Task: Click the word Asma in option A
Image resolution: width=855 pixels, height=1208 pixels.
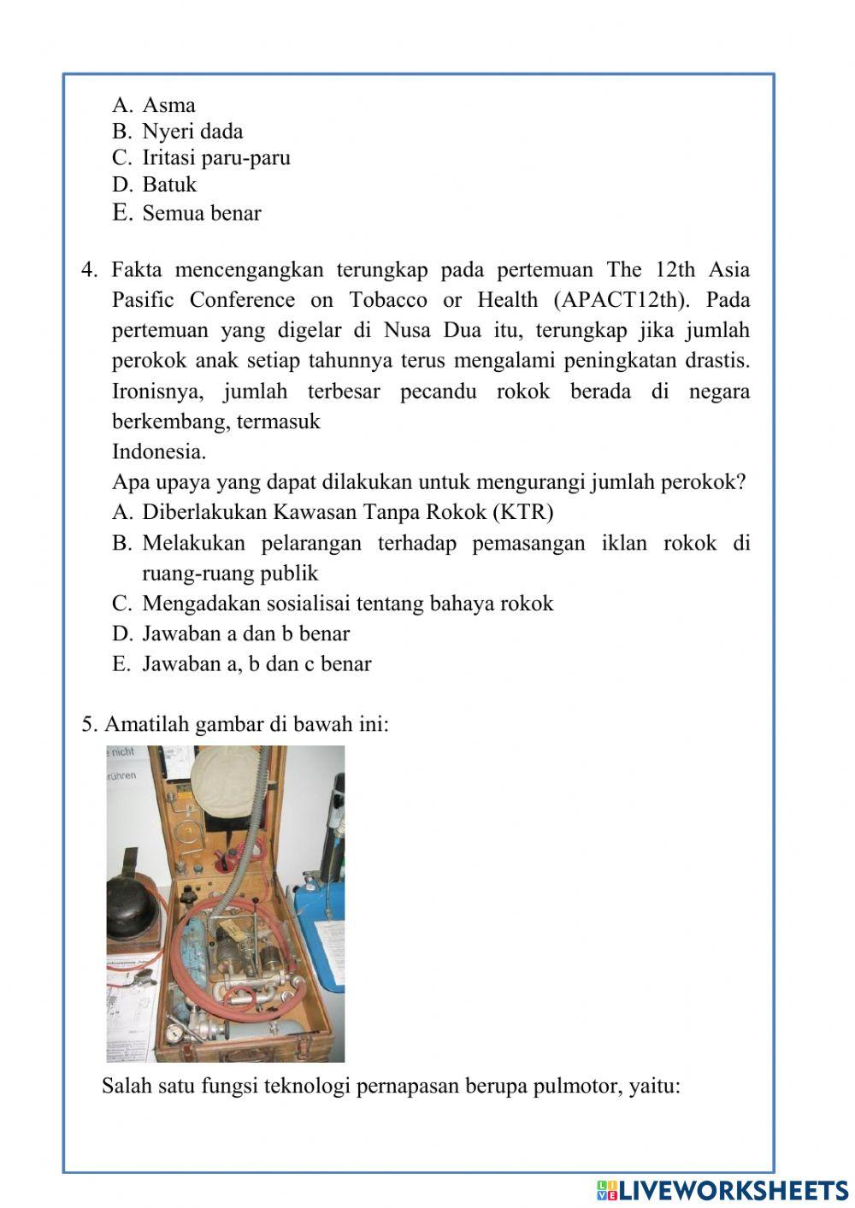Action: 168,105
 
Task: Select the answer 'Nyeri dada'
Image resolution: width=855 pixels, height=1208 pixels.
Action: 192,132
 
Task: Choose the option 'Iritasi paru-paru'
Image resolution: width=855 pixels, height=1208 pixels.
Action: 215,158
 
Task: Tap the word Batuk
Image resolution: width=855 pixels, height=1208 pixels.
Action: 169,185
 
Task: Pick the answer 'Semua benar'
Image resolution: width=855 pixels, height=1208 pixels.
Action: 201,213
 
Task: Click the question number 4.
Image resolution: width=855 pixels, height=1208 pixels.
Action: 90,270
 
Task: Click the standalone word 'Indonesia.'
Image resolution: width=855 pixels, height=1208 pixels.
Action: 159,451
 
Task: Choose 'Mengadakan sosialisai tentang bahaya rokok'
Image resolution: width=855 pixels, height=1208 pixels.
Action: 347,604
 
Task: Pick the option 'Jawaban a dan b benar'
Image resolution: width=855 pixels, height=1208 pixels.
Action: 245,633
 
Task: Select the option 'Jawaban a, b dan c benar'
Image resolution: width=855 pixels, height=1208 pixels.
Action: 256,664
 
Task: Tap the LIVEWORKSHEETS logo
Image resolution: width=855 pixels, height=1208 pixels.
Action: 722,1189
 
